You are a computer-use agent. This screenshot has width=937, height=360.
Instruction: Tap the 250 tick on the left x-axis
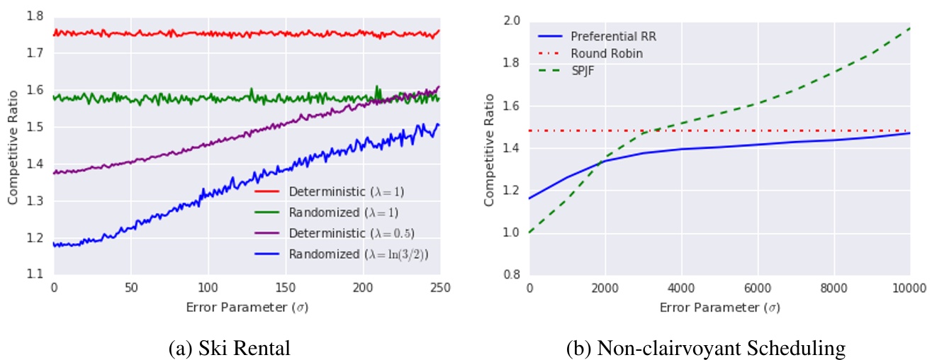440,288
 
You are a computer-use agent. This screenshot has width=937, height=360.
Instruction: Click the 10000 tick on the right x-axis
909,288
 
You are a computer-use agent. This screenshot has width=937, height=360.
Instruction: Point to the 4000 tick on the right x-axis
681,288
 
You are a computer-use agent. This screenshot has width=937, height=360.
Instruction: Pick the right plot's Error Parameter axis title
719,308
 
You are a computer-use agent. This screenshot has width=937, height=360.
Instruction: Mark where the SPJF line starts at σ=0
529,232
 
